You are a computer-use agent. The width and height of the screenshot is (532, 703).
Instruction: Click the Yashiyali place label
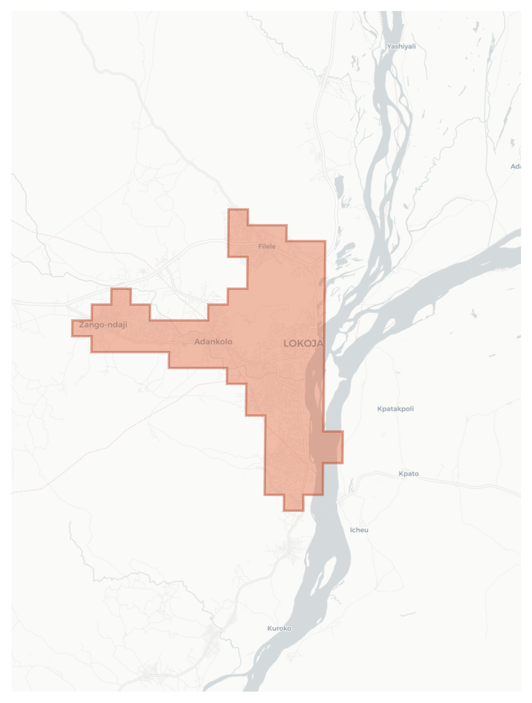pos(401,47)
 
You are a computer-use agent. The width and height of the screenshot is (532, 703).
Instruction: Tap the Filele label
pos(267,247)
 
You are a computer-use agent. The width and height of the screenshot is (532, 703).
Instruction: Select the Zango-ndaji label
pos(103,325)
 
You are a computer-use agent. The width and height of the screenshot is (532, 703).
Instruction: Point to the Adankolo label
pos(213,342)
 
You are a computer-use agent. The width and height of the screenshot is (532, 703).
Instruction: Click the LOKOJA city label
pos(303,344)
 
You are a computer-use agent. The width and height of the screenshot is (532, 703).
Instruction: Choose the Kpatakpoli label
pos(395,409)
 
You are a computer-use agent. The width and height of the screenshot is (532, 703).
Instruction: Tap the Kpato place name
pos(409,474)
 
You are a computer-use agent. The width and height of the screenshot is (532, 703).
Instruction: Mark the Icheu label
pos(359,530)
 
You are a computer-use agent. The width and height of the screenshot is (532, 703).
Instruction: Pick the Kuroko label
pos(279,629)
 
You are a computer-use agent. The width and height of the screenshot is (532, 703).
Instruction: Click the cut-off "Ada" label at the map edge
pos(516,166)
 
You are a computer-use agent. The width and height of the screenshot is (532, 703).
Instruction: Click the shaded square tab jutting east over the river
pos(333,447)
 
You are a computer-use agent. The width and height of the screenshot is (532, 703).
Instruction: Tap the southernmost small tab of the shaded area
pos(293,503)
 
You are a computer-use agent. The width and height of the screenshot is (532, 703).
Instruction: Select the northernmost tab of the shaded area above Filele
pos(238,217)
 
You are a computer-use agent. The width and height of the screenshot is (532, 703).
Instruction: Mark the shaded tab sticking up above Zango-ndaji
pos(121,296)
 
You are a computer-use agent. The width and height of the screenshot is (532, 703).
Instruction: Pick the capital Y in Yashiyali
pos(389,47)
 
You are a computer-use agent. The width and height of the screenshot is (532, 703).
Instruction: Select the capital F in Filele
pos(260,247)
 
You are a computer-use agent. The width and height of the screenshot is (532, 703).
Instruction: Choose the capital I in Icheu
pos(351,530)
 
